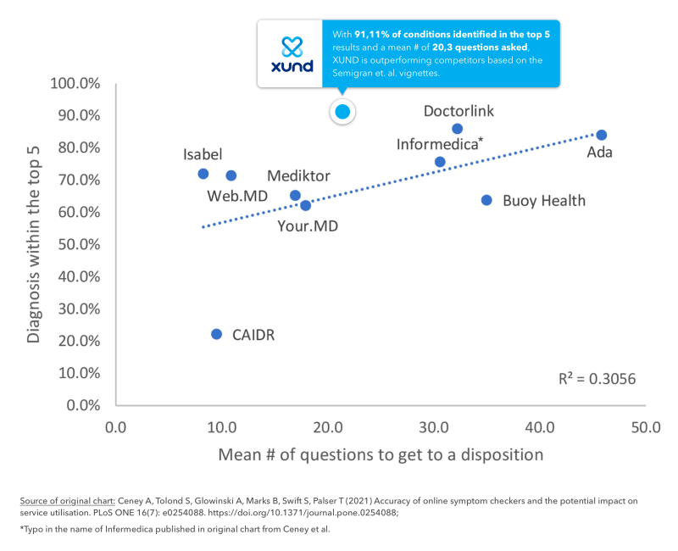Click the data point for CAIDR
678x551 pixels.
[216, 334]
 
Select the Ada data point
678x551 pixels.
[601, 135]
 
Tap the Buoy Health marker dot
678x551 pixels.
[486, 200]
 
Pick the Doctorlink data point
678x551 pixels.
[457, 129]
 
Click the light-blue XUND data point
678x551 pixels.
[342, 111]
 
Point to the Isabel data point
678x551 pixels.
[203, 174]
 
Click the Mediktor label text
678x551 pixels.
[298, 176]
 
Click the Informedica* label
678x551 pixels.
[439, 143]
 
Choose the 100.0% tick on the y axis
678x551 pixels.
[76, 83]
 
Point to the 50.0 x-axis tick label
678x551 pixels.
[646, 426]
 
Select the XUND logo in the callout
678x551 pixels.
[291, 53]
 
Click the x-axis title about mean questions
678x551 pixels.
[381, 454]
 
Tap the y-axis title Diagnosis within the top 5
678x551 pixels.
[33, 242]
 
